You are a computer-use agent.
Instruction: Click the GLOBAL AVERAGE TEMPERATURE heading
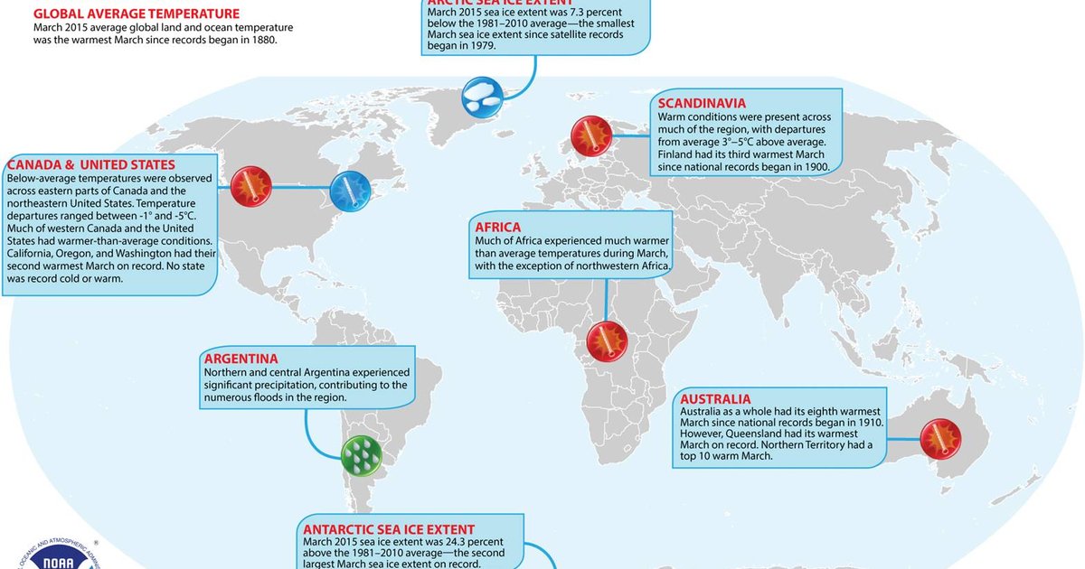click(137, 14)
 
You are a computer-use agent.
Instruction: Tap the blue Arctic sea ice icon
click(482, 96)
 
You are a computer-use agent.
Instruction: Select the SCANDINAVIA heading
click(715, 103)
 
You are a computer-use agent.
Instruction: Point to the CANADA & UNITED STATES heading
click(90, 164)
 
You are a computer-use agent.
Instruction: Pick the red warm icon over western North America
click(250, 187)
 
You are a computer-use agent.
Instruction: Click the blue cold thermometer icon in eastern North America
click(348, 191)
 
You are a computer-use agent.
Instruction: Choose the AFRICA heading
click(498, 226)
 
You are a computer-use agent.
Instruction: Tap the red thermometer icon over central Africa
click(606, 341)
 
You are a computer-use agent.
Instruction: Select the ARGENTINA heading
click(241, 358)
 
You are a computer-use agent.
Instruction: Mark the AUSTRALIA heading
click(715, 398)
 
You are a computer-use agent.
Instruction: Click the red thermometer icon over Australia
click(940, 439)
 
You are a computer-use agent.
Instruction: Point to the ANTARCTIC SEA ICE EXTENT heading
click(389, 529)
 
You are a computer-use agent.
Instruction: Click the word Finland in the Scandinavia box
click(680, 154)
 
